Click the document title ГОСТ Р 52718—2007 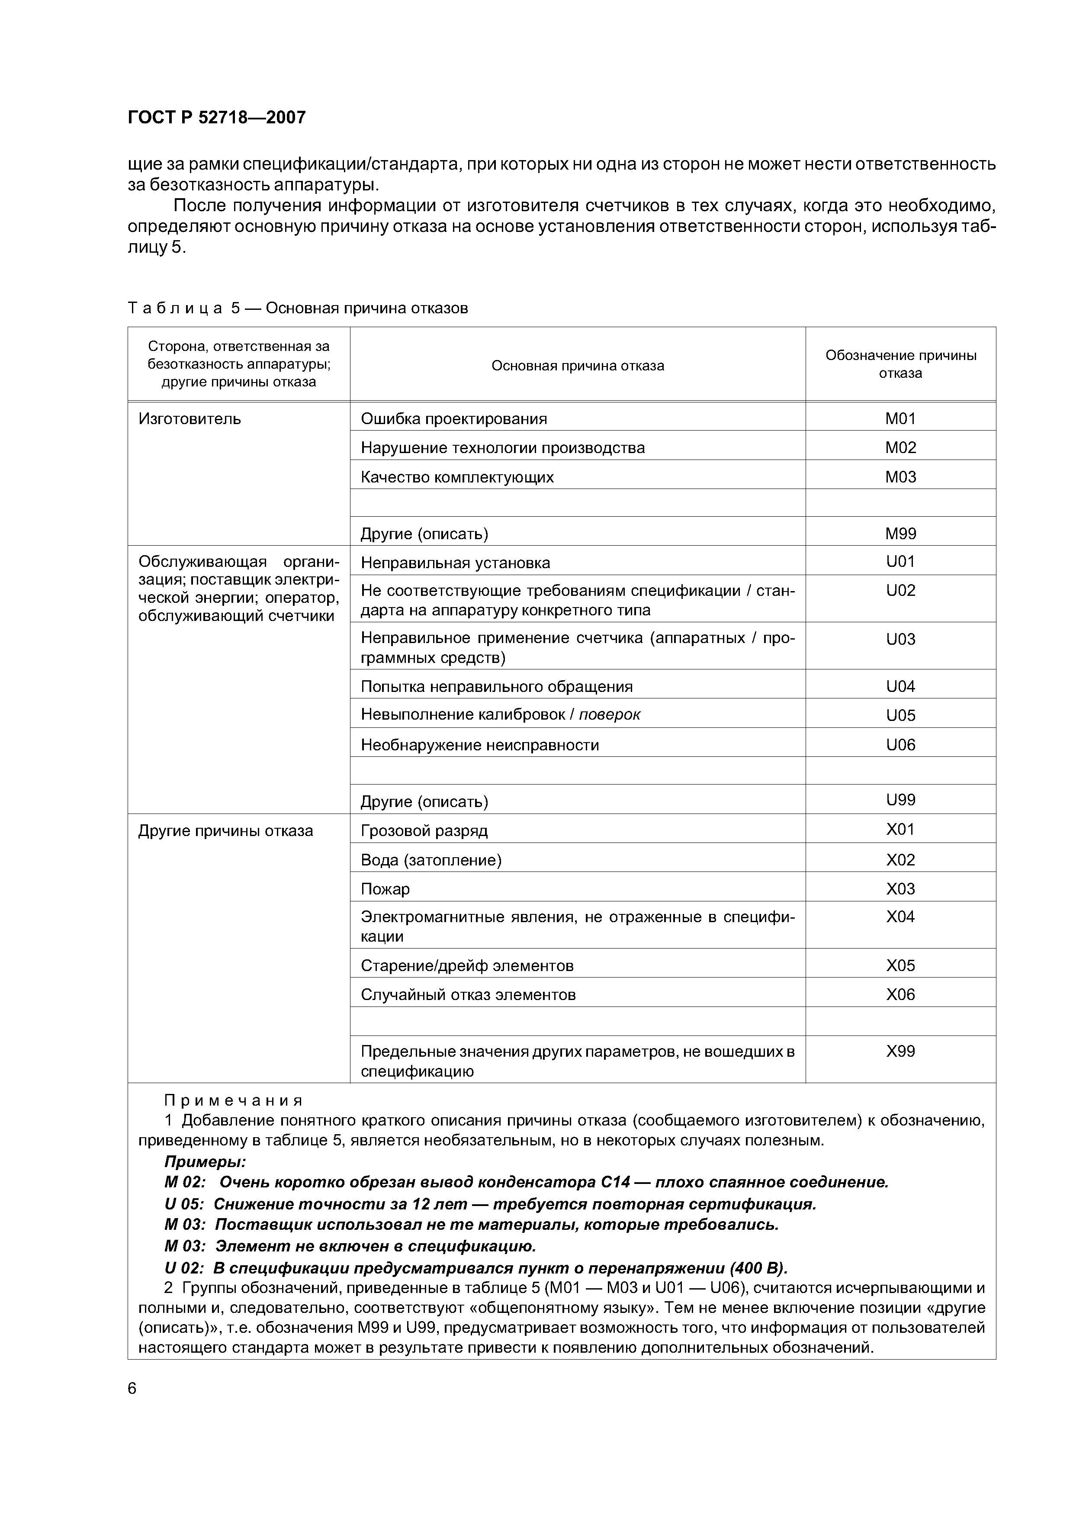point(216,118)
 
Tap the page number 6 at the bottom point(132,1389)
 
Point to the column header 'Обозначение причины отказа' point(900,364)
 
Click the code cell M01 point(900,418)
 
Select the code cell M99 point(900,534)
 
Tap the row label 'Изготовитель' point(190,418)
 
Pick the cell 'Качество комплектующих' point(457,477)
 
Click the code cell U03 point(900,639)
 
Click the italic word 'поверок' point(609,715)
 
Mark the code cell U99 point(900,800)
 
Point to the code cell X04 point(900,917)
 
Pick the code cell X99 point(900,1051)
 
